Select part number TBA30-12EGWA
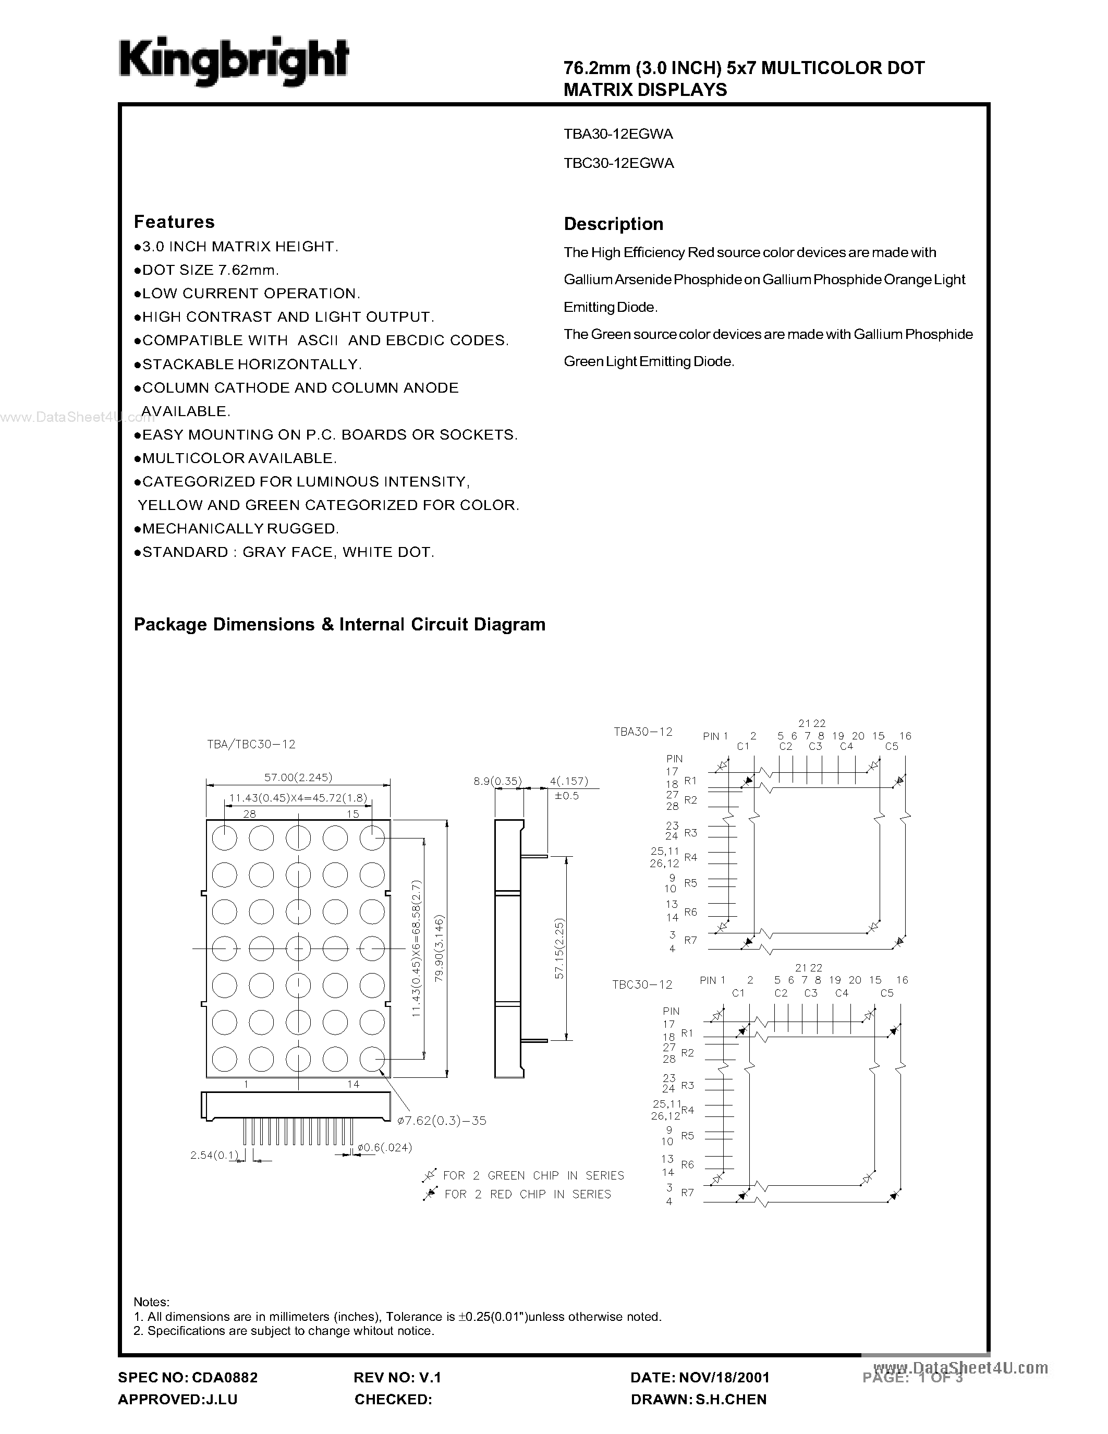tap(618, 134)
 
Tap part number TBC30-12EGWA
tap(618, 163)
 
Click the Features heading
tap(174, 222)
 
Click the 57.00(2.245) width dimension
tap(298, 777)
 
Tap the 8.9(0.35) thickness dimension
tap(497, 781)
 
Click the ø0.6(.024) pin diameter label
tap(385, 1147)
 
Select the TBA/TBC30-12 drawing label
tap(251, 744)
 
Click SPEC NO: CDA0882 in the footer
tap(188, 1377)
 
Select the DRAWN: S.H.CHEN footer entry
tap(698, 1399)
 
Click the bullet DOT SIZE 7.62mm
tap(210, 270)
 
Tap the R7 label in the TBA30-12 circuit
tap(690, 940)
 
